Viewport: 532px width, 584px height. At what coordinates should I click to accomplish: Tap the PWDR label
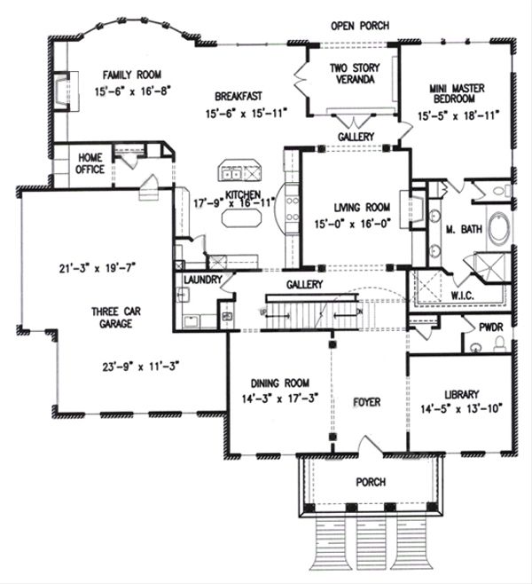490,328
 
